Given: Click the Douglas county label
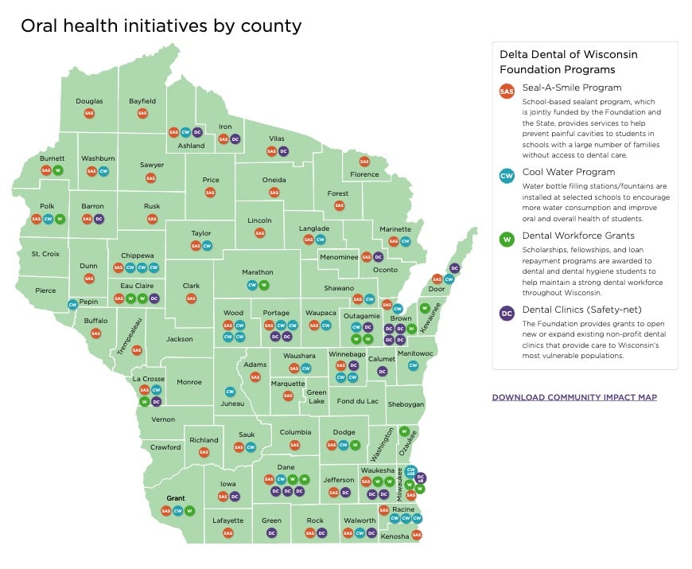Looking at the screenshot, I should pos(89,101).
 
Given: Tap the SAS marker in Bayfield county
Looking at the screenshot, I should pos(142,114).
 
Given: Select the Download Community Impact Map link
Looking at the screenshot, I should pos(574,397).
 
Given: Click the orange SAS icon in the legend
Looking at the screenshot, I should pos(506,91).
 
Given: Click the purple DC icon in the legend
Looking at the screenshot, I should pos(506,314).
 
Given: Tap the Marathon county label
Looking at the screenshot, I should pos(258,272).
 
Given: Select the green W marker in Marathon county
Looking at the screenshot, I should pos(264,285).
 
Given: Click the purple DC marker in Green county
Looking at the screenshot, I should pos(271,532).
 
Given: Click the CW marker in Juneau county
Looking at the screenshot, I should pos(230,392).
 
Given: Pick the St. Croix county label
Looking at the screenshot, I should pos(45,254).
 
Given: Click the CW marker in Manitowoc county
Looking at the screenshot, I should pos(413,365).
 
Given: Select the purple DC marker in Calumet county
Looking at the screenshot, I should pos(382,371).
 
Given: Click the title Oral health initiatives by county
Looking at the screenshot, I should pos(161,25).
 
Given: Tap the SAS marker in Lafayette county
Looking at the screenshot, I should pos(228,532).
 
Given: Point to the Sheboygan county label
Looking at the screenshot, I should pos(406,404).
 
